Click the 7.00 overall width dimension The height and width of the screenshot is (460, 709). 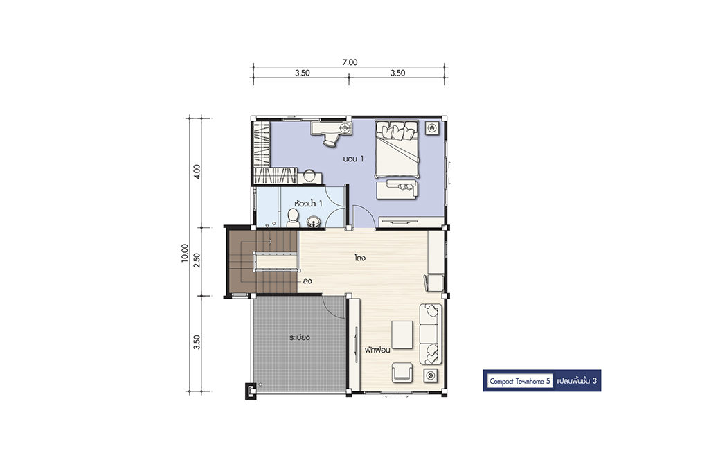(x=350, y=62)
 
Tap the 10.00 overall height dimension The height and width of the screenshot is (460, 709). (x=184, y=254)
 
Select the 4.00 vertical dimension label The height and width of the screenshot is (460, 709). (x=197, y=172)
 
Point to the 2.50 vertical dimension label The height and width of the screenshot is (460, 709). (x=197, y=260)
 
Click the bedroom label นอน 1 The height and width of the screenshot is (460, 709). (x=353, y=159)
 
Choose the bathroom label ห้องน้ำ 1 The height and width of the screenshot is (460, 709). (x=308, y=204)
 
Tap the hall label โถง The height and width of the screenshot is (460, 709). (x=360, y=258)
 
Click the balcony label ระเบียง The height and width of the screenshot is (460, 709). (x=300, y=337)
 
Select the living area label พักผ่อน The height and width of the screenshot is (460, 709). (x=378, y=350)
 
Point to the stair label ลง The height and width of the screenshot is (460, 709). (x=307, y=281)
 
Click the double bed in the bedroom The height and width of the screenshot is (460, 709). (x=397, y=148)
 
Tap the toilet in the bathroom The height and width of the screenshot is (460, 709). (x=293, y=218)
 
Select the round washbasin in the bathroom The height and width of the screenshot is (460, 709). (x=314, y=222)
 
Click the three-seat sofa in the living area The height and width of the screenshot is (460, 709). (x=431, y=334)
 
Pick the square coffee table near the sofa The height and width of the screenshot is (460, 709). (x=402, y=335)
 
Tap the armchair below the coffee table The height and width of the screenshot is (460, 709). (x=402, y=372)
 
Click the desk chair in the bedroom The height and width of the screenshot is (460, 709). (x=330, y=140)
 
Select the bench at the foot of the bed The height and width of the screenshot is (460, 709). (x=397, y=188)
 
